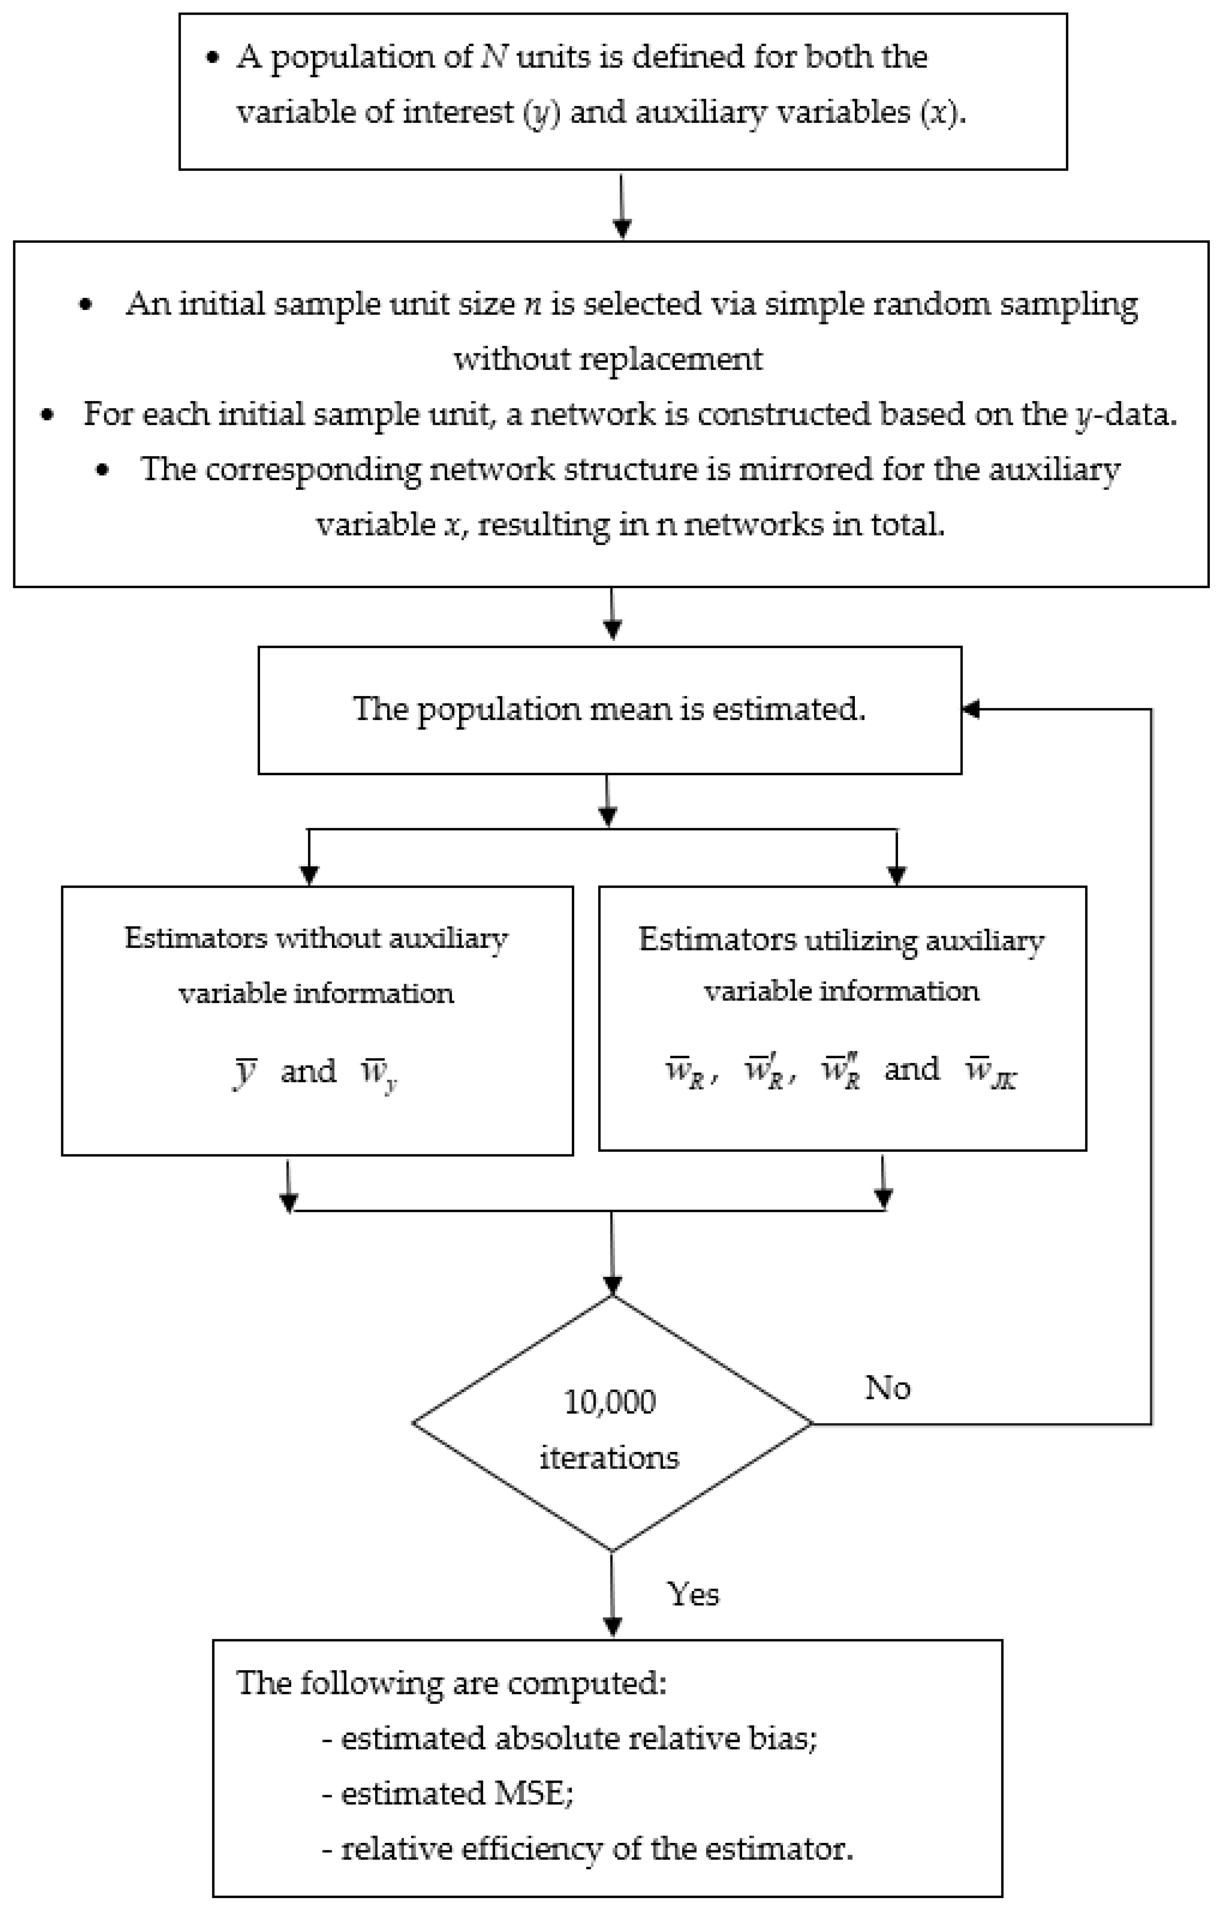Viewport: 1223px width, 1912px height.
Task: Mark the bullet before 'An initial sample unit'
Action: pos(86,305)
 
